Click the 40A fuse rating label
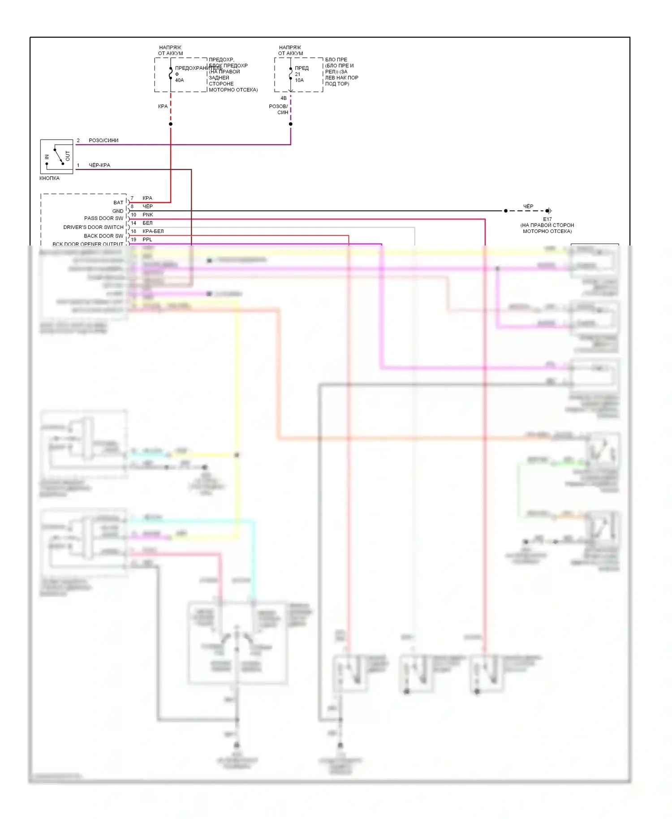click(x=179, y=80)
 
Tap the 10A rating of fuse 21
click(x=299, y=80)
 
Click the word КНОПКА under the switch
click(x=49, y=178)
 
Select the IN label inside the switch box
click(x=47, y=157)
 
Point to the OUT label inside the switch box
click(x=68, y=156)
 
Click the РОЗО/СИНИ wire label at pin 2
click(x=103, y=140)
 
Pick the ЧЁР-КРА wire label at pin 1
click(x=99, y=165)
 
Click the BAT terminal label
click(x=118, y=203)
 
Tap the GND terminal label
click(x=118, y=211)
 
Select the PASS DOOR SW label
click(x=103, y=218)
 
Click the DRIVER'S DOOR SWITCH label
click(x=93, y=227)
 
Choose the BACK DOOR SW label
click(x=103, y=236)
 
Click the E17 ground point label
click(x=547, y=219)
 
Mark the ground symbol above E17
click(x=549, y=211)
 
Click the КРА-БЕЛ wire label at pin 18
click(x=153, y=231)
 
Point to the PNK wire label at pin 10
click(x=148, y=215)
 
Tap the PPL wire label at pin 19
click(x=147, y=240)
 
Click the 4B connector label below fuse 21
click(x=284, y=98)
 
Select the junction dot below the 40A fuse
click(x=171, y=124)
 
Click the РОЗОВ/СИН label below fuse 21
click(x=279, y=109)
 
